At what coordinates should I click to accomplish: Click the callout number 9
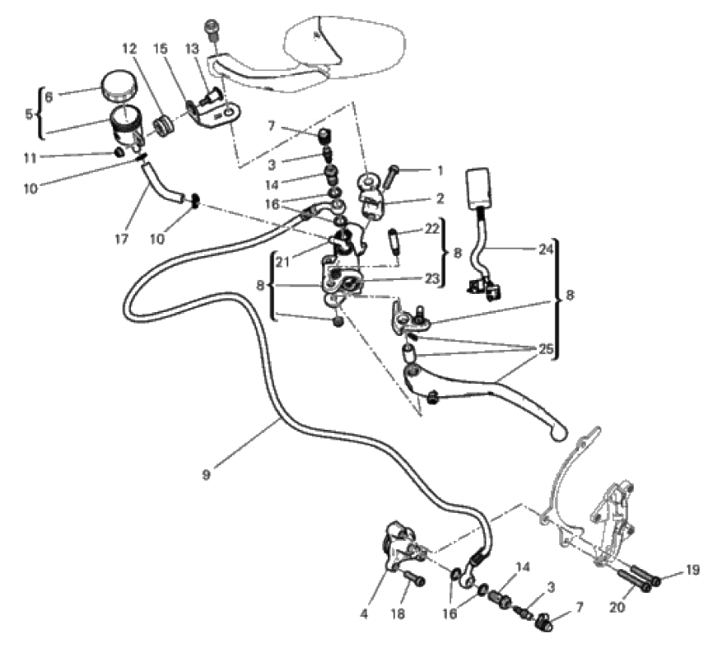click(207, 474)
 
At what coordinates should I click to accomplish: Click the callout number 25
click(544, 349)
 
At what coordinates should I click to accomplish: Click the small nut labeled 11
click(119, 152)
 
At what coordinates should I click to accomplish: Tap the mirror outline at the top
click(346, 41)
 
